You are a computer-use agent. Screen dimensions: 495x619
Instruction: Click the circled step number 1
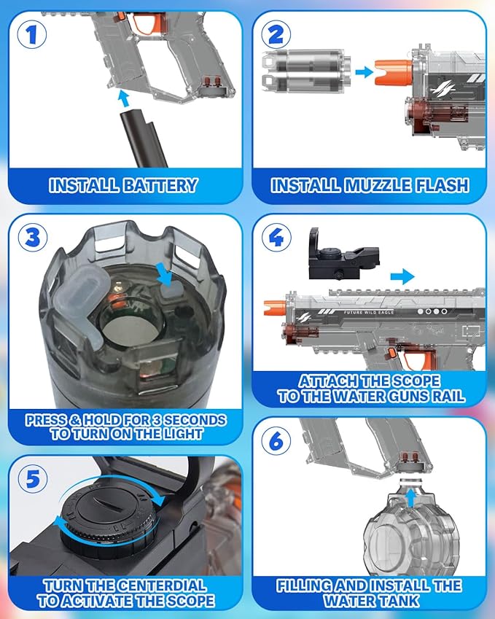31,34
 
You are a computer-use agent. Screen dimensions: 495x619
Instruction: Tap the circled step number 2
276,34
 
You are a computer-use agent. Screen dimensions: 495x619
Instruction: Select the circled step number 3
33,237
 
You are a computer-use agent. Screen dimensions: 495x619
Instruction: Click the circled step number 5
33,479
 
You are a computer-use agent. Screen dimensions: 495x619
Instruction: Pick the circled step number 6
276,440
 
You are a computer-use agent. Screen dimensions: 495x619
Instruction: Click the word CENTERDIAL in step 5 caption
162,585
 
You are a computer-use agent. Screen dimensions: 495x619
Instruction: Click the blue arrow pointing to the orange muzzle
364,72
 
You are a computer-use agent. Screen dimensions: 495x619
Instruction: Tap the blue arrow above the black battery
124,98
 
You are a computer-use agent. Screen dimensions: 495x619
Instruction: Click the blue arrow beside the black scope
402,277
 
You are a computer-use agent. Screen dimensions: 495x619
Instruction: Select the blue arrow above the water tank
411,498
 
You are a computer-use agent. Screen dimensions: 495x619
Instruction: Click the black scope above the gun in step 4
343,257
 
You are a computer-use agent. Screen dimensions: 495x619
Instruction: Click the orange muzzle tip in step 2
394,73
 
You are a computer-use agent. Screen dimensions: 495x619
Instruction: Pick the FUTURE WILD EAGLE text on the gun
369,312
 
